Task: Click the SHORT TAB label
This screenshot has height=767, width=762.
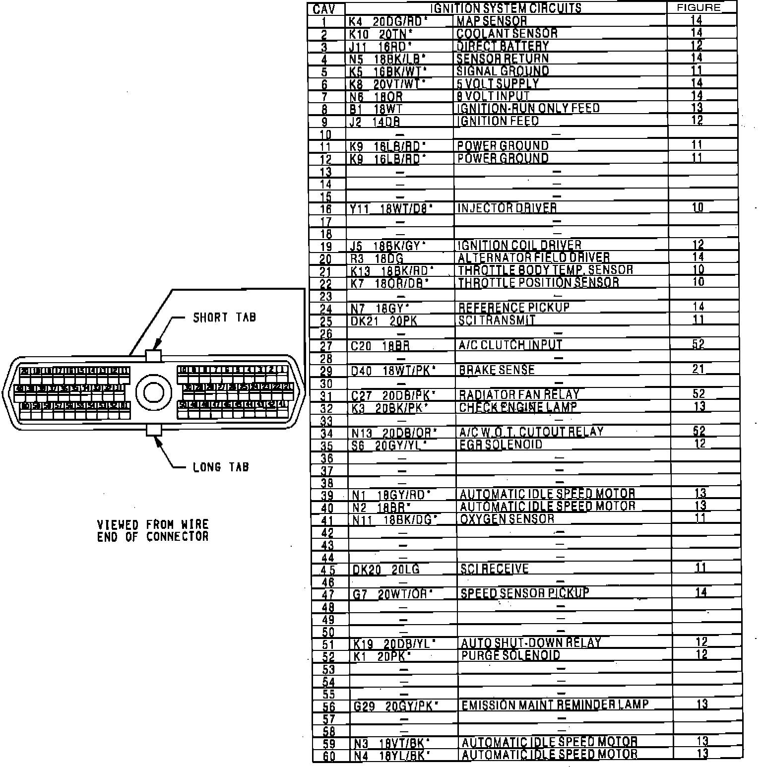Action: pyautogui.click(x=224, y=317)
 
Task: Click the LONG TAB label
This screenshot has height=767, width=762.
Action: pyautogui.click(x=221, y=467)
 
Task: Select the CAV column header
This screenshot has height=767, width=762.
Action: pyautogui.click(x=324, y=9)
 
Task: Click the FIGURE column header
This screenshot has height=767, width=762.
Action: pyautogui.click(x=698, y=8)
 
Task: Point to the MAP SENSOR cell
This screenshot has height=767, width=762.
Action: pyautogui.click(x=491, y=21)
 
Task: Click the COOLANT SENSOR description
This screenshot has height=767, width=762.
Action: pyautogui.click(x=507, y=33)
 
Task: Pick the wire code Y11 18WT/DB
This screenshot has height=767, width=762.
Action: pyautogui.click(x=391, y=208)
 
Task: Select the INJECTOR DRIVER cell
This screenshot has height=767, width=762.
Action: pyautogui.click(x=507, y=208)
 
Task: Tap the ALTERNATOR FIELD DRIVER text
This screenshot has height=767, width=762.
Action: pyautogui.click(x=533, y=257)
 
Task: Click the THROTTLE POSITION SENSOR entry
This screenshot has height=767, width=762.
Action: pyautogui.click(x=538, y=282)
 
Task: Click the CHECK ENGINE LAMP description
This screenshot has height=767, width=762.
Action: pyautogui.click(x=518, y=407)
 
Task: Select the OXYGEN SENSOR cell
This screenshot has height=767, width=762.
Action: pyautogui.click(x=507, y=519)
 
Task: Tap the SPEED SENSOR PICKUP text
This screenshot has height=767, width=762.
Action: pyautogui.click(x=525, y=593)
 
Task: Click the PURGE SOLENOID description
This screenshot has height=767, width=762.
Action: pyautogui.click(x=510, y=655)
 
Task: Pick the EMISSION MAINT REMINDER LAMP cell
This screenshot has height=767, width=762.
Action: pyautogui.click(x=555, y=705)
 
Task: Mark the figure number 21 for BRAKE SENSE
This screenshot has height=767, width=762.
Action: pyautogui.click(x=698, y=369)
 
